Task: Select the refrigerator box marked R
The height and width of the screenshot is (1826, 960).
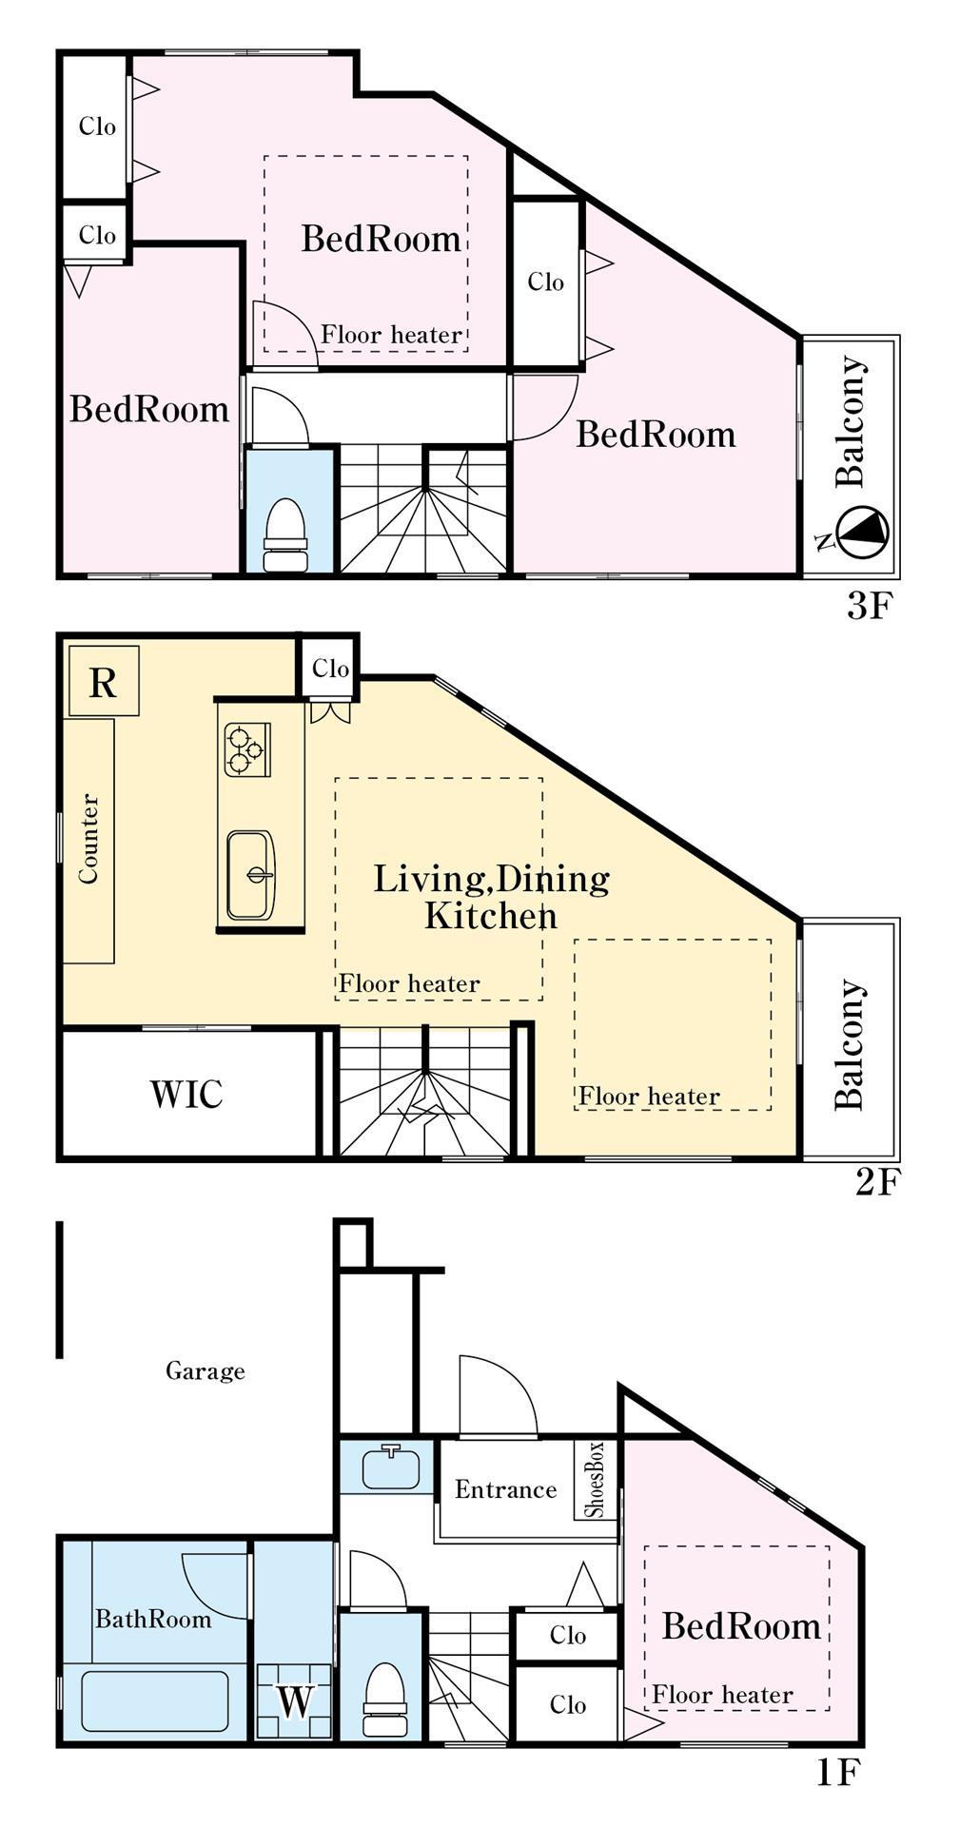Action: pyautogui.click(x=104, y=682)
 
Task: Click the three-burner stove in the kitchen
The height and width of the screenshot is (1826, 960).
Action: pyautogui.click(x=247, y=749)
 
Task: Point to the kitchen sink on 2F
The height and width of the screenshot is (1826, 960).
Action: pyautogui.click(x=252, y=875)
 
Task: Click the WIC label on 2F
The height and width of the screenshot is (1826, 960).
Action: pyautogui.click(x=186, y=1094)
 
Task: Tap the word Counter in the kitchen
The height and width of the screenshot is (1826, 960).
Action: pyautogui.click(x=88, y=839)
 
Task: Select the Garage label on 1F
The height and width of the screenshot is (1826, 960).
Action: pyautogui.click(x=206, y=1370)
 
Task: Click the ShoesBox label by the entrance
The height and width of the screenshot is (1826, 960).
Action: pyautogui.click(x=595, y=1480)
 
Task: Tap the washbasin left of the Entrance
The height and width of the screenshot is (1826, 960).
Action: pyautogui.click(x=391, y=1467)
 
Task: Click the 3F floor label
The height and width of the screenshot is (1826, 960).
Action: pyautogui.click(x=867, y=606)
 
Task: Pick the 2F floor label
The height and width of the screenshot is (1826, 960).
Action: pyautogui.click(x=876, y=1182)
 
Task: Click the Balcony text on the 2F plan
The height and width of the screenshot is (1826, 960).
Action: pyautogui.click(x=850, y=1044)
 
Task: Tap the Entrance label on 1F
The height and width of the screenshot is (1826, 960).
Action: pyautogui.click(x=505, y=1489)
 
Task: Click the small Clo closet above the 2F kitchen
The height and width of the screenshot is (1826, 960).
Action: pyautogui.click(x=329, y=668)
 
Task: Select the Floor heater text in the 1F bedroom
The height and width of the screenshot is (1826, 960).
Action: pyautogui.click(x=722, y=1695)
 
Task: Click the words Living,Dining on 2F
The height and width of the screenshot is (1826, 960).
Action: pyautogui.click(x=491, y=879)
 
